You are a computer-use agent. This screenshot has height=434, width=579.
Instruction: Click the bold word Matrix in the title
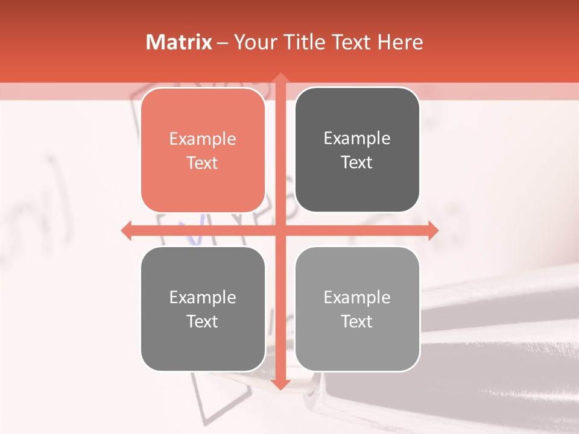click(179, 42)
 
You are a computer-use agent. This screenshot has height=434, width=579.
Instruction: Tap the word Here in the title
click(400, 42)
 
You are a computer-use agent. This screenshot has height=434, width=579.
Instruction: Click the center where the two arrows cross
click(280, 230)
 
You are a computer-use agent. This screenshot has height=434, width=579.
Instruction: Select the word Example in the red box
click(203, 139)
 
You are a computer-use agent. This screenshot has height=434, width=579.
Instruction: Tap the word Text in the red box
click(203, 163)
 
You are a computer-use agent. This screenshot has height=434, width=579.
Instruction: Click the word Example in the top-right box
click(357, 139)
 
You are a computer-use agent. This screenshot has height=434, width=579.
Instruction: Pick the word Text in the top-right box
click(357, 163)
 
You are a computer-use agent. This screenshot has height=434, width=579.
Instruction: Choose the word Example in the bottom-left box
click(203, 298)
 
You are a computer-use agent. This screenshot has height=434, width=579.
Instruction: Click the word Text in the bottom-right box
click(357, 322)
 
